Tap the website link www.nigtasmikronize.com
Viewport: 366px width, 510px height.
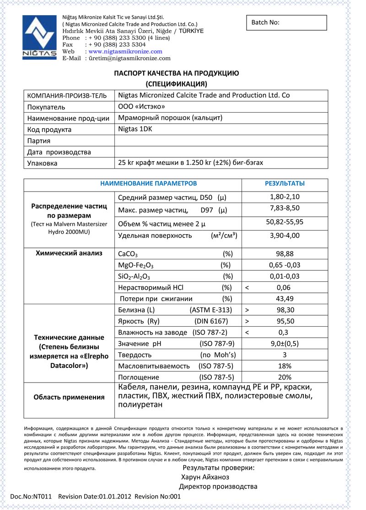click(x=125, y=52)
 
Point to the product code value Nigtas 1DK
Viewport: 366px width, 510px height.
click(x=135, y=129)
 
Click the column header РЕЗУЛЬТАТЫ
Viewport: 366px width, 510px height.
click(x=285, y=183)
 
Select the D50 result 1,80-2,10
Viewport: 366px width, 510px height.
click(x=285, y=197)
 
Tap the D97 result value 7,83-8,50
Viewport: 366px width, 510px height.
click(x=285, y=209)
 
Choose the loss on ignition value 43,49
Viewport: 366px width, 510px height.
click(x=285, y=299)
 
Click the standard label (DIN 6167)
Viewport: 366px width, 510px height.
click(x=211, y=321)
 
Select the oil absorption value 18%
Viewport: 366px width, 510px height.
click(x=285, y=366)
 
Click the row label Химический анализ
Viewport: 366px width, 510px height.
click(x=69, y=253)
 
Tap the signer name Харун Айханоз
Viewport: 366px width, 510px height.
click(x=212, y=477)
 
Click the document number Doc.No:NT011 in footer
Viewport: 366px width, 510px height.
click(x=31, y=496)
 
